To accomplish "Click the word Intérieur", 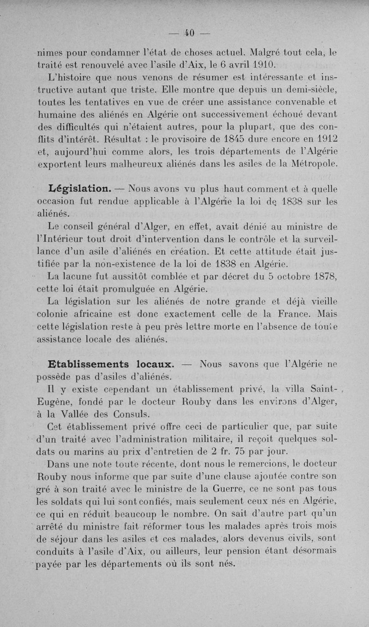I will pyautogui.click(x=65, y=239).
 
